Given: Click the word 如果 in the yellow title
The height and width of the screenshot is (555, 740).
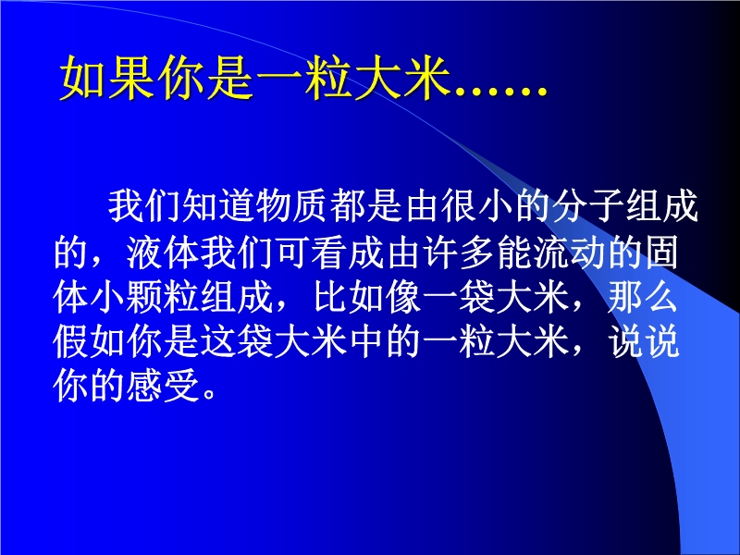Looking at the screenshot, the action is point(107,78).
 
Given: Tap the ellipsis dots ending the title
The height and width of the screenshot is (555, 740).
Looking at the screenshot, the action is point(499,92).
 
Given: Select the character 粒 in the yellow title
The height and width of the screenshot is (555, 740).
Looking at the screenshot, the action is point(330,78).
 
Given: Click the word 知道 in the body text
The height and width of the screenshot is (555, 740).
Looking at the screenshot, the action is point(219,206).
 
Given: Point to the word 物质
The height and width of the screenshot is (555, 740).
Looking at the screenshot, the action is point(292,206).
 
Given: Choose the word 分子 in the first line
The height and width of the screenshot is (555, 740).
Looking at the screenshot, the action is point(587,206).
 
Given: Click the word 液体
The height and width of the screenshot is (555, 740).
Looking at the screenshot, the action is point(164,252).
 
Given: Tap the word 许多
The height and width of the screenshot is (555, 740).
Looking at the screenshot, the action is point(459,252).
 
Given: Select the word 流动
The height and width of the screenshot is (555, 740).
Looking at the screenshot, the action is point(570,252).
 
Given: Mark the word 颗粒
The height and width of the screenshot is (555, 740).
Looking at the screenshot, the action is point(164,297).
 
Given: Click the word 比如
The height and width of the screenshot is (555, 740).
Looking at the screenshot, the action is point(349,297).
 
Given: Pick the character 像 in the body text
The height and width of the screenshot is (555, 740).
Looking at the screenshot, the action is point(403,297).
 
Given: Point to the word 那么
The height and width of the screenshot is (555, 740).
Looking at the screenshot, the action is point(643,297).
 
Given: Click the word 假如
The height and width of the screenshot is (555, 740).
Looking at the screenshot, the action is point(90,342).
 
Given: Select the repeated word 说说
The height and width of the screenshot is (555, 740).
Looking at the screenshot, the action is point(643,342).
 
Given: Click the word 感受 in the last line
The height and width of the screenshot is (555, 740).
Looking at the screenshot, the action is point(164,387).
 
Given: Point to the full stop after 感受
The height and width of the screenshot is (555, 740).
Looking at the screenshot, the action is point(210,395).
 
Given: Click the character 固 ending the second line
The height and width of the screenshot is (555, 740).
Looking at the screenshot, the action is point(661,252).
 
